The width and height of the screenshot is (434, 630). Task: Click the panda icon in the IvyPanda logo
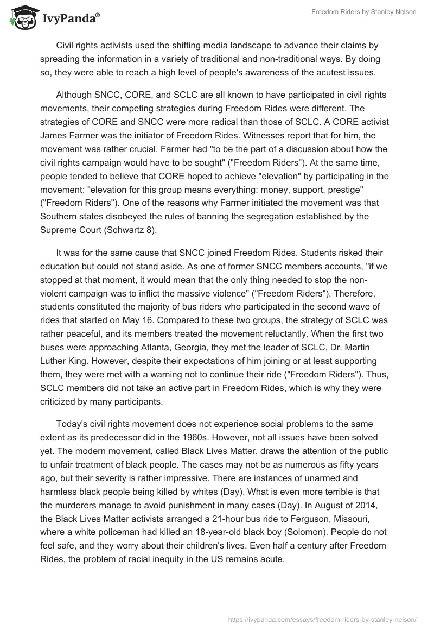21,18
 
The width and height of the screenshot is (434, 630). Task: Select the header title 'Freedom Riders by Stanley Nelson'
363,12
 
